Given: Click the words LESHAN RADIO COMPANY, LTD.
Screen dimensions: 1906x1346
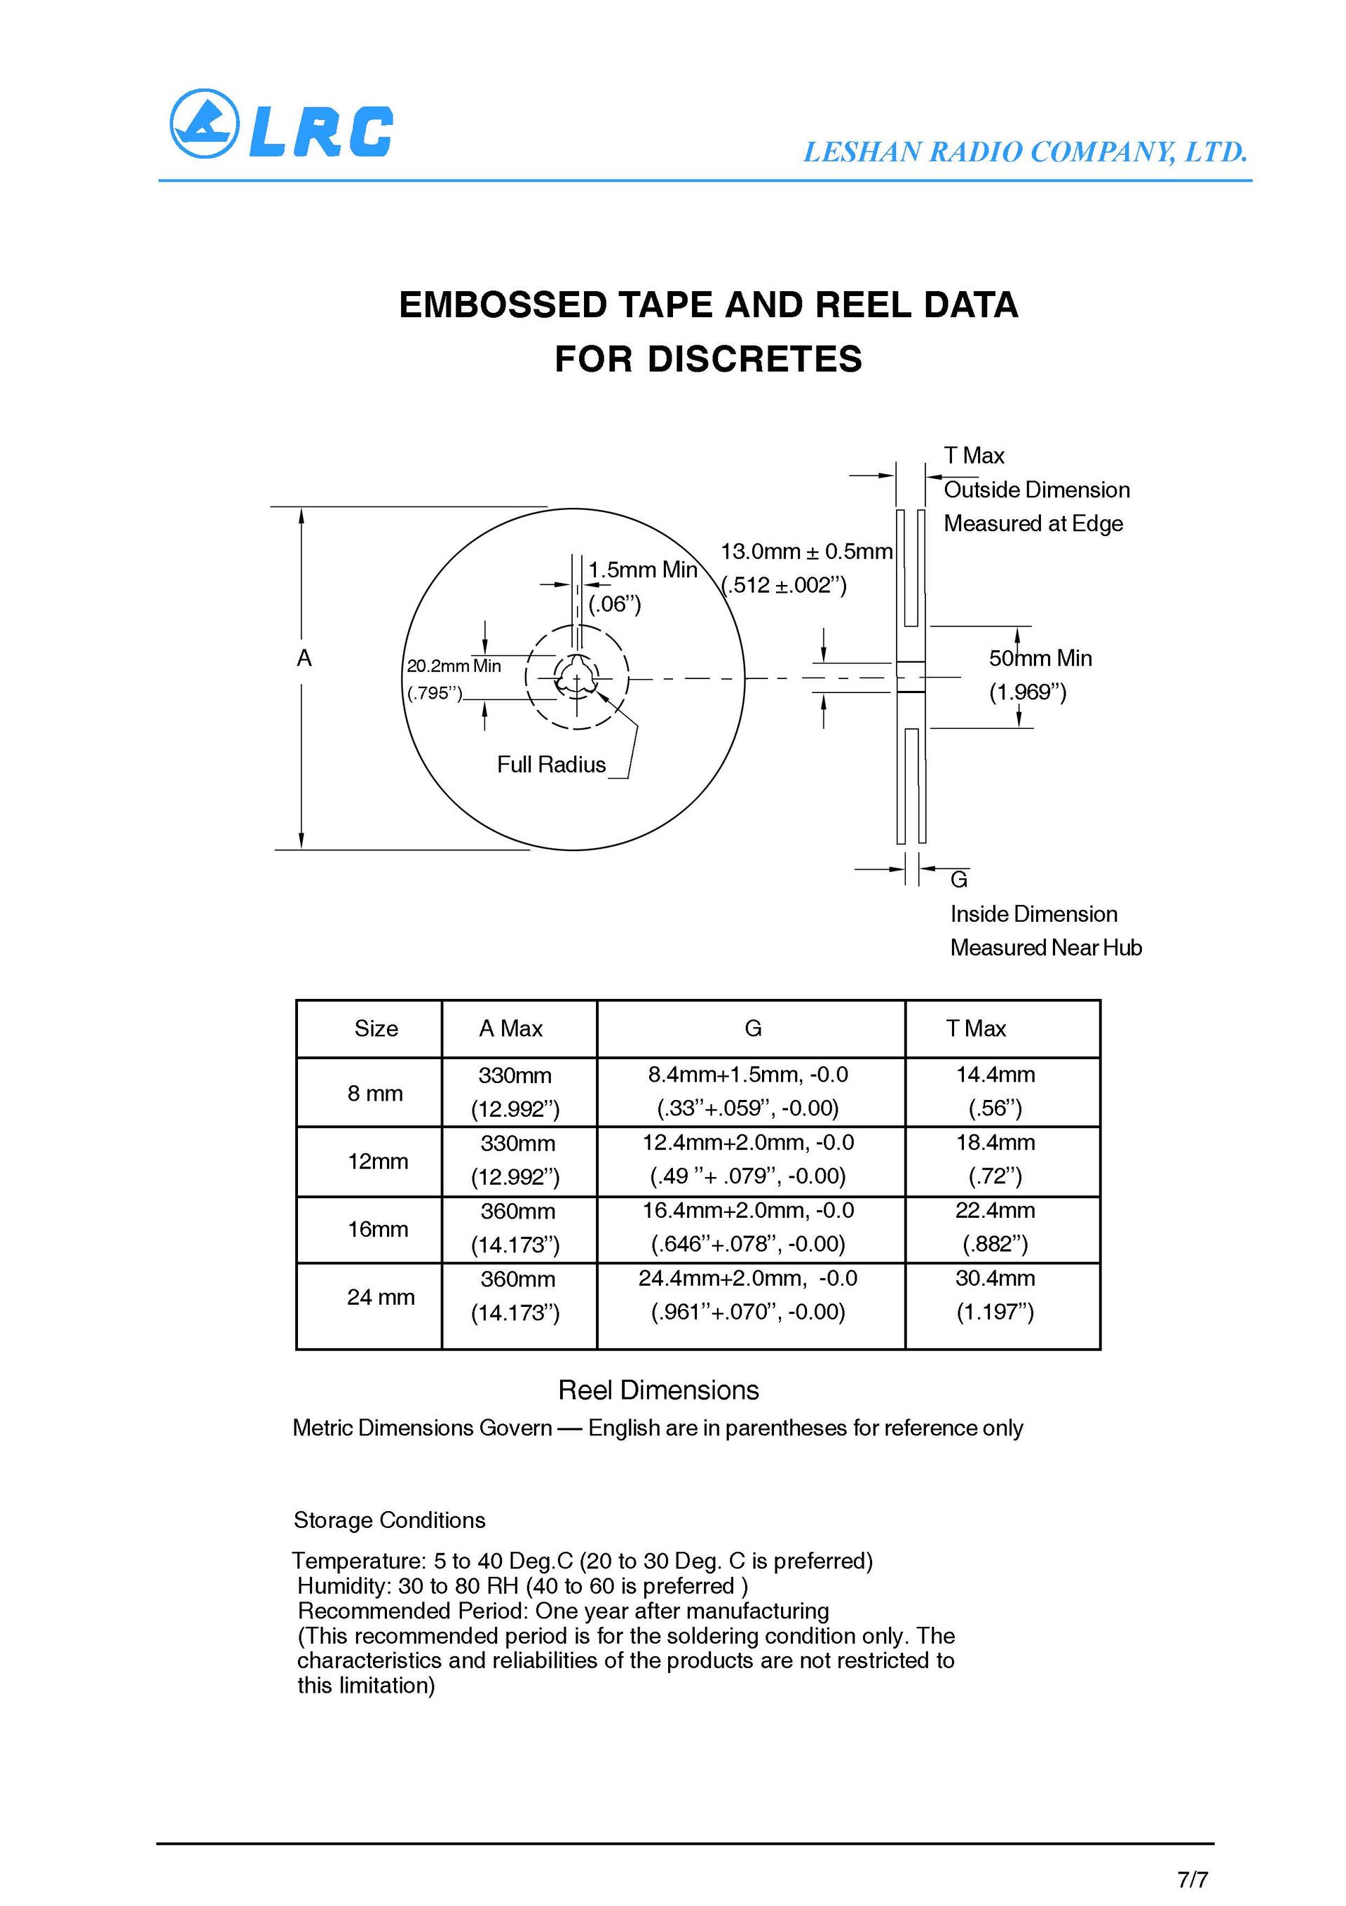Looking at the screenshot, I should click(1025, 152).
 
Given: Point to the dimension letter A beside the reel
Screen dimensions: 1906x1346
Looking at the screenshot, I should click(304, 658).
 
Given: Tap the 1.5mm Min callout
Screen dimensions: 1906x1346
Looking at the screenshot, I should click(642, 570).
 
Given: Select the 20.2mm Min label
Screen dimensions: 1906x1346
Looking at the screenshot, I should click(453, 666).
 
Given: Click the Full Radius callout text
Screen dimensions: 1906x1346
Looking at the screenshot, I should click(551, 765).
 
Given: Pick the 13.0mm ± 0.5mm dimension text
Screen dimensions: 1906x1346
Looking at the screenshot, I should click(805, 551).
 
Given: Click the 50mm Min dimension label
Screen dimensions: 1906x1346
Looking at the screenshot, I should click(1040, 658).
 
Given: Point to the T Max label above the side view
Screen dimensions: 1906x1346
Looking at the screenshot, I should click(974, 456).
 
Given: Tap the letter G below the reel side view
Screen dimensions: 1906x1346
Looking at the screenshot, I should click(958, 879).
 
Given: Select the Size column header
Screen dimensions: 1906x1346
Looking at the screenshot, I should click(376, 1028).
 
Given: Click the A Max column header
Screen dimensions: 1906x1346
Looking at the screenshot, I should click(510, 1028).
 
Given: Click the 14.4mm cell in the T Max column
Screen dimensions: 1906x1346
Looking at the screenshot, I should click(995, 1074).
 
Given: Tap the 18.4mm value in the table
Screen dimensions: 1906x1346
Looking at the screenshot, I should click(995, 1142).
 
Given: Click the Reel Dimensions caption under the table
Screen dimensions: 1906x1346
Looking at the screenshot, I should click(658, 1390).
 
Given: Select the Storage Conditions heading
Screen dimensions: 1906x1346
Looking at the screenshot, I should click(389, 1520).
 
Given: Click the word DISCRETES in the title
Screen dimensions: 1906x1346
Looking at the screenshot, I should click(754, 358).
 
